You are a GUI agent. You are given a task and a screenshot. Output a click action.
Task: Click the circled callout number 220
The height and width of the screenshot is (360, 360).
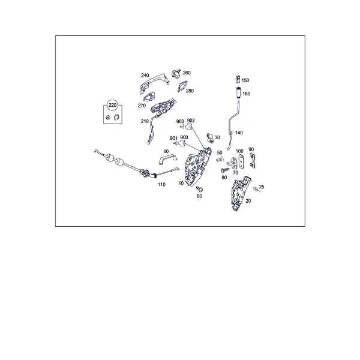point(113,105)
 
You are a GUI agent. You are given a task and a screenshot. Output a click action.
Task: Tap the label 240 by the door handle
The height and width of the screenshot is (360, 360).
point(145,76)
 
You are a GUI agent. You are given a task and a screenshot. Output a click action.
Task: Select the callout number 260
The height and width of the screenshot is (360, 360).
point(187,73)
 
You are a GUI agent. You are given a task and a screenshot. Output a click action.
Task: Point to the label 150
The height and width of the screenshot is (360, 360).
point(245,80)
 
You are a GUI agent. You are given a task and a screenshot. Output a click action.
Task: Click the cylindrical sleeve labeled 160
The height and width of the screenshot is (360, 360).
point(238,92)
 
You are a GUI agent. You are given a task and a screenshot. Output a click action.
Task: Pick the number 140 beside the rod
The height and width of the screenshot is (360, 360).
point(239,133)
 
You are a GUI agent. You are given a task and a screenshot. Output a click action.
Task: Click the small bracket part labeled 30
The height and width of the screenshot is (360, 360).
point(210,138)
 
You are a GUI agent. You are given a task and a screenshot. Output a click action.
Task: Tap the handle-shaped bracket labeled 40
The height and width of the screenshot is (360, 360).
point(167,159)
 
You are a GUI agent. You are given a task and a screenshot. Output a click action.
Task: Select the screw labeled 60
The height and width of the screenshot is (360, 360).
point(199,189)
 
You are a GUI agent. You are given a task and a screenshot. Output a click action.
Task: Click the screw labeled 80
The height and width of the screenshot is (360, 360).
point(225,170)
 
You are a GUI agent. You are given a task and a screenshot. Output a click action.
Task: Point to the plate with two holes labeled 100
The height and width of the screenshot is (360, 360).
point(241,161)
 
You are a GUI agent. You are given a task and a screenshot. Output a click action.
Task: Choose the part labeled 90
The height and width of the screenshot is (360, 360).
point(253,161)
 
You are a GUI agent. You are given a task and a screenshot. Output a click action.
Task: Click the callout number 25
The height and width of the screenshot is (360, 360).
point(262,187)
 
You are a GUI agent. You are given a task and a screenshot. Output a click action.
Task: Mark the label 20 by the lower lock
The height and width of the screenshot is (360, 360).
point(248,201)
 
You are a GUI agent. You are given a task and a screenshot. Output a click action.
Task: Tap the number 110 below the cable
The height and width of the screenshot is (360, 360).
point(161,184)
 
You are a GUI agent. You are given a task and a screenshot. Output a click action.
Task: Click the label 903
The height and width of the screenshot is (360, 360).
point(180,121)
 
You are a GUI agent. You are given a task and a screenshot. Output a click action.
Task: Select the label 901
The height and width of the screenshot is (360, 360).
point(173,138)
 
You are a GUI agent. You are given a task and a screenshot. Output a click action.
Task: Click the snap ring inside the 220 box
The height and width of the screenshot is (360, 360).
point(116,117)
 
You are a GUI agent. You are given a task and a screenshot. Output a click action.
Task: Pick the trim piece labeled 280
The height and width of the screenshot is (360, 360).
point(182,86)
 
